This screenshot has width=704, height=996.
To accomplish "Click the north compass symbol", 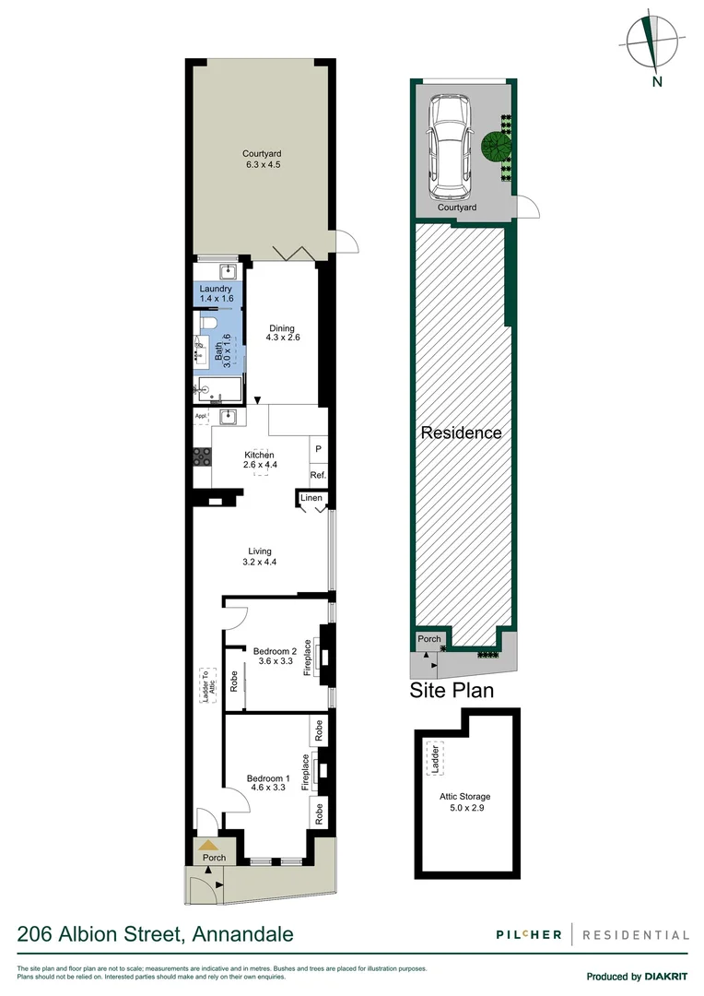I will point(651,43).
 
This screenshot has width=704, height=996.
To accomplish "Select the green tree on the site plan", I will point(495,146).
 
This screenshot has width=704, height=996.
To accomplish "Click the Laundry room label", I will point(215,293).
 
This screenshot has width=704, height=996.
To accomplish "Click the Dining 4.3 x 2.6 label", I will point(284,332).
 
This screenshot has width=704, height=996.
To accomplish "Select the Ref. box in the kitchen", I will point(317,476).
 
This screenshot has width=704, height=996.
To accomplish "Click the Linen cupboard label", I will point(311,499).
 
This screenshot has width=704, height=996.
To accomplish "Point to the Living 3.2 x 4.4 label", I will point(259,556).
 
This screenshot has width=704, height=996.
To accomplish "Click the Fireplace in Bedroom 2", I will point(318,657).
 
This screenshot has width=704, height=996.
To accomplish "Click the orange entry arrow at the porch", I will point(209,844).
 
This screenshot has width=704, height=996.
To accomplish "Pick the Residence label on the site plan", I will point(461,433).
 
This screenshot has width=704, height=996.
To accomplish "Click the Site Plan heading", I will point(452,690).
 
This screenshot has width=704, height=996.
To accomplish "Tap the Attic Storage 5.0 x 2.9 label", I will point(464,800).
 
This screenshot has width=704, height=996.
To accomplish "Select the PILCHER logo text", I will point(524,934).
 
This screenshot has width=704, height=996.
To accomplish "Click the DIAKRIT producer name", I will point(666,977).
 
